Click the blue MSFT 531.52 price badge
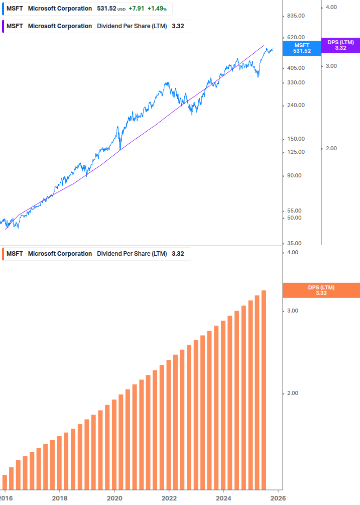[302, 48]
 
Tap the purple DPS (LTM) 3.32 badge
[340, 45]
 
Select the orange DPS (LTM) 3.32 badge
[321, 290]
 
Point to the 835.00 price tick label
[295, 16]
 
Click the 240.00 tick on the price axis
[295, 105]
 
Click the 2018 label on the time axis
[59, 497]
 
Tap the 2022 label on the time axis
[169, 497]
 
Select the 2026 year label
[278, 497]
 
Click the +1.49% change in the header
[157, 9]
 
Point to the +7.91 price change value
[136, 9]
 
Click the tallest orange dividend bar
[264, 389]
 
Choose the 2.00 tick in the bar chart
[292, 393]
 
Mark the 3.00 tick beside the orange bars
[292, 311]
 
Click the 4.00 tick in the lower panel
[292, 252]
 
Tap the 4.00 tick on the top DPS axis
[331, 7]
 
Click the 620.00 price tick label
[295, 37]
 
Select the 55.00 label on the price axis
[294, 210]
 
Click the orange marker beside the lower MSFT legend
[4, 254]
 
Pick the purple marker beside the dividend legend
[4, 26]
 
